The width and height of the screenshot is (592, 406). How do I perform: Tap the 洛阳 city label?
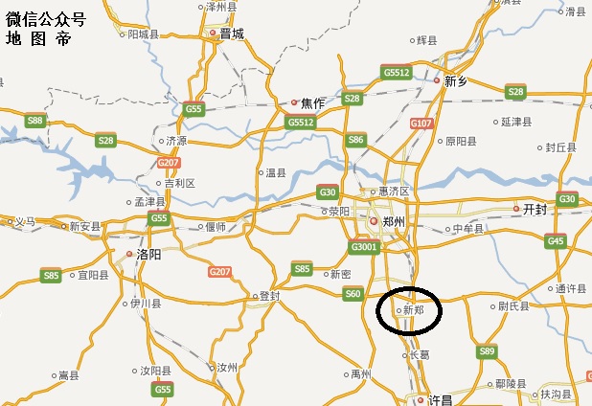tap(148, 256)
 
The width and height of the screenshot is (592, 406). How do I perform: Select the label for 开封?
tap(534, 209)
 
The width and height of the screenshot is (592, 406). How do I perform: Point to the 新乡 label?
tap(456, 82)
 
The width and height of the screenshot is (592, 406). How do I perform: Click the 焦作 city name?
tap(312, 102)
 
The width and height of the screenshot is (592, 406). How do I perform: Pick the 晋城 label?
tap(232, 34)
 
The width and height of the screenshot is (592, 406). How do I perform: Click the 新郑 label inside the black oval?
tap(413, 310)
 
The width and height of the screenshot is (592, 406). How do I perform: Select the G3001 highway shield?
tap(364, 247)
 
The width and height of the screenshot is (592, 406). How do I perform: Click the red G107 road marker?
tap(421, 124)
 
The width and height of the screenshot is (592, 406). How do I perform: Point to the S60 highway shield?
tap(353, 293)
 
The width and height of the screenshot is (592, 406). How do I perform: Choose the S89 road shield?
tap(487, 352)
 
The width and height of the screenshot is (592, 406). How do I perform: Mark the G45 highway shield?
tap(556, 241)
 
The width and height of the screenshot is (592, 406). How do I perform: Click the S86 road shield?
tap(355, 140)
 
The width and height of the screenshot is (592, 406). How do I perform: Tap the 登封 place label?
tap(269, 296)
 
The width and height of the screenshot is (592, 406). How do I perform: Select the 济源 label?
tap(176, 140)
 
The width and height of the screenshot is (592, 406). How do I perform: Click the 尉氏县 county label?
tap(513, 307)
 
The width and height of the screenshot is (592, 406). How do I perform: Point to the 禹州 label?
tap(360, 372)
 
